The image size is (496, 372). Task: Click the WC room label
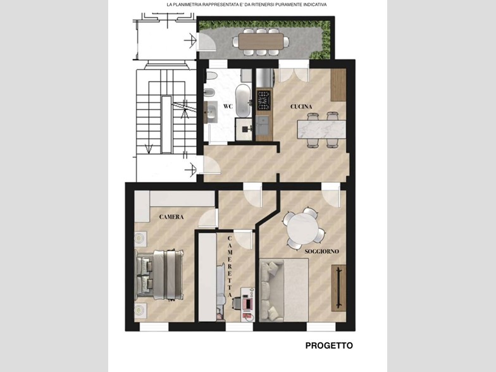[228, 106]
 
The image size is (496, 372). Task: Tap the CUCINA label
[301, 106]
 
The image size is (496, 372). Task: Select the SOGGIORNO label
[321, 252]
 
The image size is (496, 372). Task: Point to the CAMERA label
[171, 217]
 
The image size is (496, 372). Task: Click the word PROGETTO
[329, 345]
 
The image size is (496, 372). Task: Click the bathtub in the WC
[243, 101]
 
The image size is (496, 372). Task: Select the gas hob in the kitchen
[264, 100]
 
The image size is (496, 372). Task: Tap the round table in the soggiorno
[303, 228]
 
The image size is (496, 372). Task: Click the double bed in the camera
[159, 275]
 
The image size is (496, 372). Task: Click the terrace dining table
[261, 42]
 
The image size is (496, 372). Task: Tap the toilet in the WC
[211, 76]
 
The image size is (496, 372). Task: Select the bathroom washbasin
[211, 112]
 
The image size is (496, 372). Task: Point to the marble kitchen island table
[321, 129]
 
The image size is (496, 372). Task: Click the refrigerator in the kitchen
[264, 77]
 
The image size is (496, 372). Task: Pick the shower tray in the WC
[244, 129]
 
